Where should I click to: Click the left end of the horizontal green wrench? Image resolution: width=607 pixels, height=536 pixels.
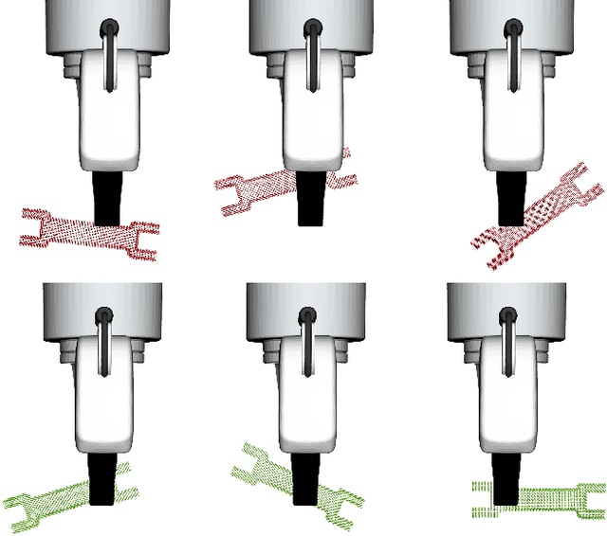click(x=479, y=500)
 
